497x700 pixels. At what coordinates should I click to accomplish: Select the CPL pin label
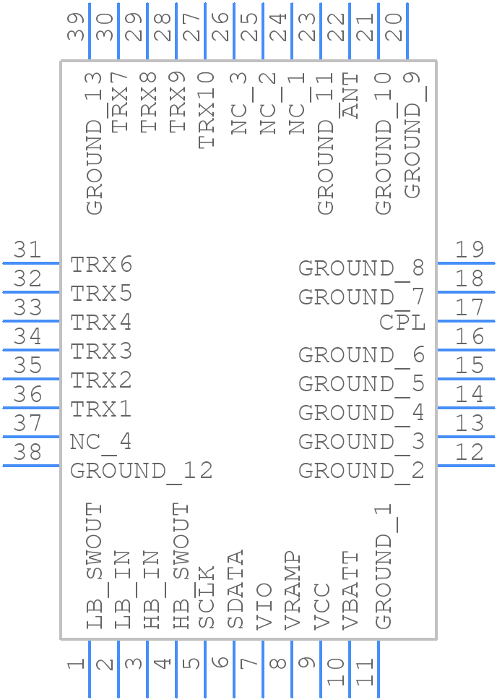[x=402, y=323]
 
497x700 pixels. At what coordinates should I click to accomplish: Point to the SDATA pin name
[x=235, y=589]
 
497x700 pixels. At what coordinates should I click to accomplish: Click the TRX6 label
[x=101, y=265]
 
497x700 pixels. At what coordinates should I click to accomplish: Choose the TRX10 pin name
[x=206, y=110]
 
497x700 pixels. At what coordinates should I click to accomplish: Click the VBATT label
[x=350, y=591]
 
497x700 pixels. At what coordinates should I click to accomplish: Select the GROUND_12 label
[x=141, y=471]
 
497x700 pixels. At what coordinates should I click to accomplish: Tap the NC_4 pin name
[x=100, y=443]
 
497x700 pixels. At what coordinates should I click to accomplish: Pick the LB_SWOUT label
[x=94, y=566]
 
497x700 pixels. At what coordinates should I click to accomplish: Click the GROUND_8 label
[x=361, y=269]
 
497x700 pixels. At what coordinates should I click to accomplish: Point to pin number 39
[x=77, y=27]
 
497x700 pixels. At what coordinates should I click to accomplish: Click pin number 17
[x=470, y=307]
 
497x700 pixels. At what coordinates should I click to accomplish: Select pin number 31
[x=27, y=249]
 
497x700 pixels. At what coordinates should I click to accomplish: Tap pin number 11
[x=365, y=672]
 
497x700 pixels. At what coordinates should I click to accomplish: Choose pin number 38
[x=27, y=452]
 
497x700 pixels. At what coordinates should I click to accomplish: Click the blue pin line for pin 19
[x=466, y=263]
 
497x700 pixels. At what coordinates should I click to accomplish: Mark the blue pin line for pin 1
[x=90, y=669]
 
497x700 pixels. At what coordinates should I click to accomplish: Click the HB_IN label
[x=152, y=590]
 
